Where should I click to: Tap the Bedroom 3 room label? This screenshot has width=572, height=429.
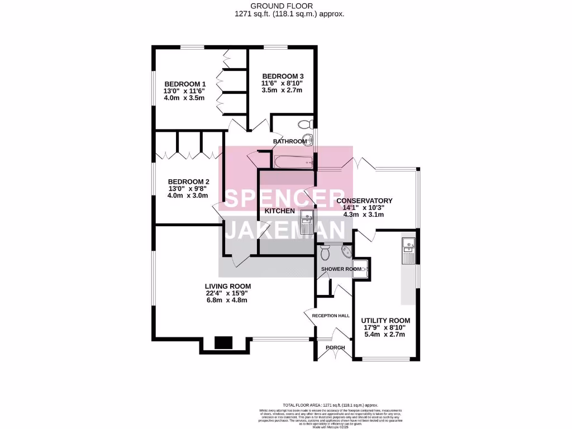coord(283,76)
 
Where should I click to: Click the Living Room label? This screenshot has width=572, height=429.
coord(227,286)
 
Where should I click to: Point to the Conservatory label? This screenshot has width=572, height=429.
coord(364,201)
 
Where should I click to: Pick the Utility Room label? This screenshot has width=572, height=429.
coord(385,321)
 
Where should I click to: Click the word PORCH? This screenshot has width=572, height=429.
coord(335,347)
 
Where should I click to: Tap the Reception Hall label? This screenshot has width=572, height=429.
coord(331,316)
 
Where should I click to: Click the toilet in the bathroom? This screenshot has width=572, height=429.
coord(305,124)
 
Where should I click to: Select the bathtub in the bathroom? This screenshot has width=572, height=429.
coord(292,162)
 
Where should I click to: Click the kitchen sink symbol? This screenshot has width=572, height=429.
coord(307,222)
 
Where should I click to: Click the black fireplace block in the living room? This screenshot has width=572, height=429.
coord(224,342)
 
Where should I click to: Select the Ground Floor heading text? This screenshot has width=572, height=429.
coord(289,6)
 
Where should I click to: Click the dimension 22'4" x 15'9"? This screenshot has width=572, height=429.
coord(226,293)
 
